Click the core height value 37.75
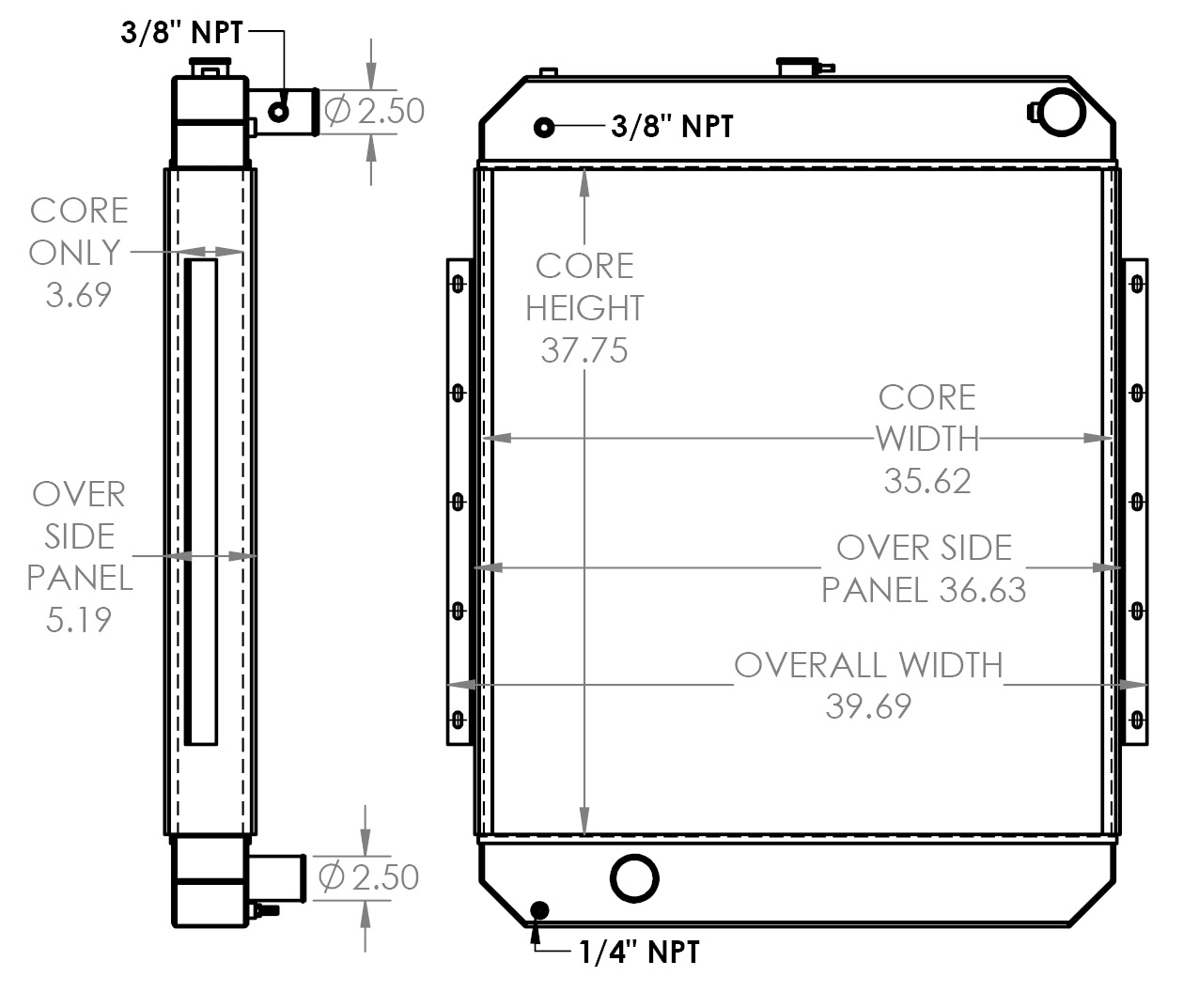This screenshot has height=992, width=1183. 584,350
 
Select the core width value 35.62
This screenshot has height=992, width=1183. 926,481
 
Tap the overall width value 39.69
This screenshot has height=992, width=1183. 868,705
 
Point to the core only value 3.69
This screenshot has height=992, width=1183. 78,294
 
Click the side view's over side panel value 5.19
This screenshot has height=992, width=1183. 78,619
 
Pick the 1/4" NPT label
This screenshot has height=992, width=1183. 639,952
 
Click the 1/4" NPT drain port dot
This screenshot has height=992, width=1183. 539,909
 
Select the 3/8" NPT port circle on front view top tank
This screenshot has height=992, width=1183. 543,128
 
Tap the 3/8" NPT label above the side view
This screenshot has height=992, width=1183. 181,34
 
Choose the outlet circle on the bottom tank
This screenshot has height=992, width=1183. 634,878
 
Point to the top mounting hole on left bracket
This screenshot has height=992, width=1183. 458,283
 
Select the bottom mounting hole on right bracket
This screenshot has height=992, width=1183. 1137,721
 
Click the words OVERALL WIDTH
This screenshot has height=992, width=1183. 868,665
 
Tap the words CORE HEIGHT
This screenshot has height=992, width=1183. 584,287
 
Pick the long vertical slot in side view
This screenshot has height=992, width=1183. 201,503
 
